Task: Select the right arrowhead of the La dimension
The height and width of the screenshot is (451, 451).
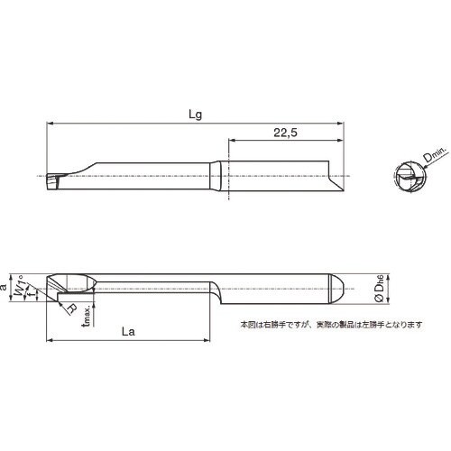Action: click(211, 341)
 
